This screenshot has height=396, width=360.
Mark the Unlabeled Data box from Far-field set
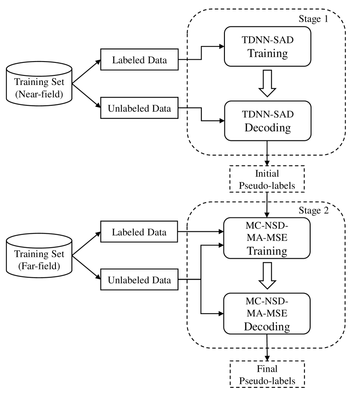click(139, 280)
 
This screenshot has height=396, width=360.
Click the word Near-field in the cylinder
click(39, 92)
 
